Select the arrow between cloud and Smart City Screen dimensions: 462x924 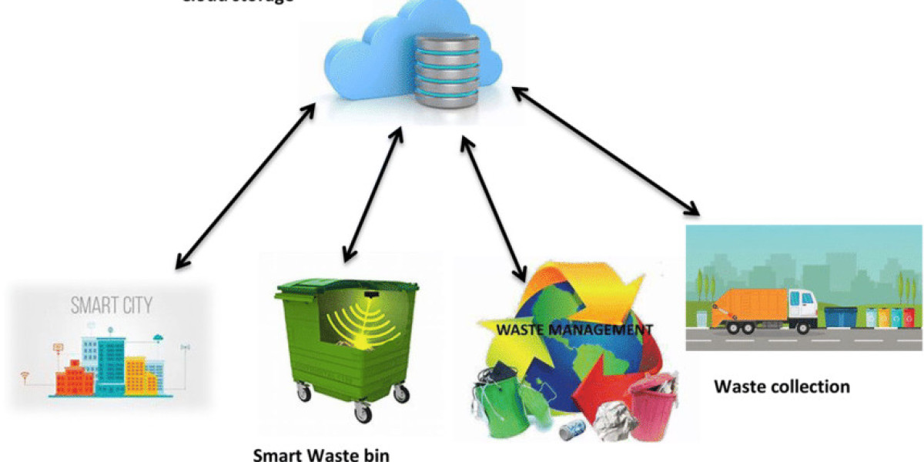tap(246, 185)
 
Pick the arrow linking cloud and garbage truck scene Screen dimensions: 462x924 tap(606, 151)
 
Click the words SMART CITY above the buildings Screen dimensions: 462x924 tap(112, 306)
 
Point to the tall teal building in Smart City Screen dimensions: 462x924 tap(110, 363)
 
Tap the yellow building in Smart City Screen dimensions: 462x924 tap(138, 374)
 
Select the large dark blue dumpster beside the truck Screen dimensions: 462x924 tap(840, 316)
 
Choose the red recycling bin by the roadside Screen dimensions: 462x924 tap(909, 316)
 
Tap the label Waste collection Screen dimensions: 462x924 tap(782, 386)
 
